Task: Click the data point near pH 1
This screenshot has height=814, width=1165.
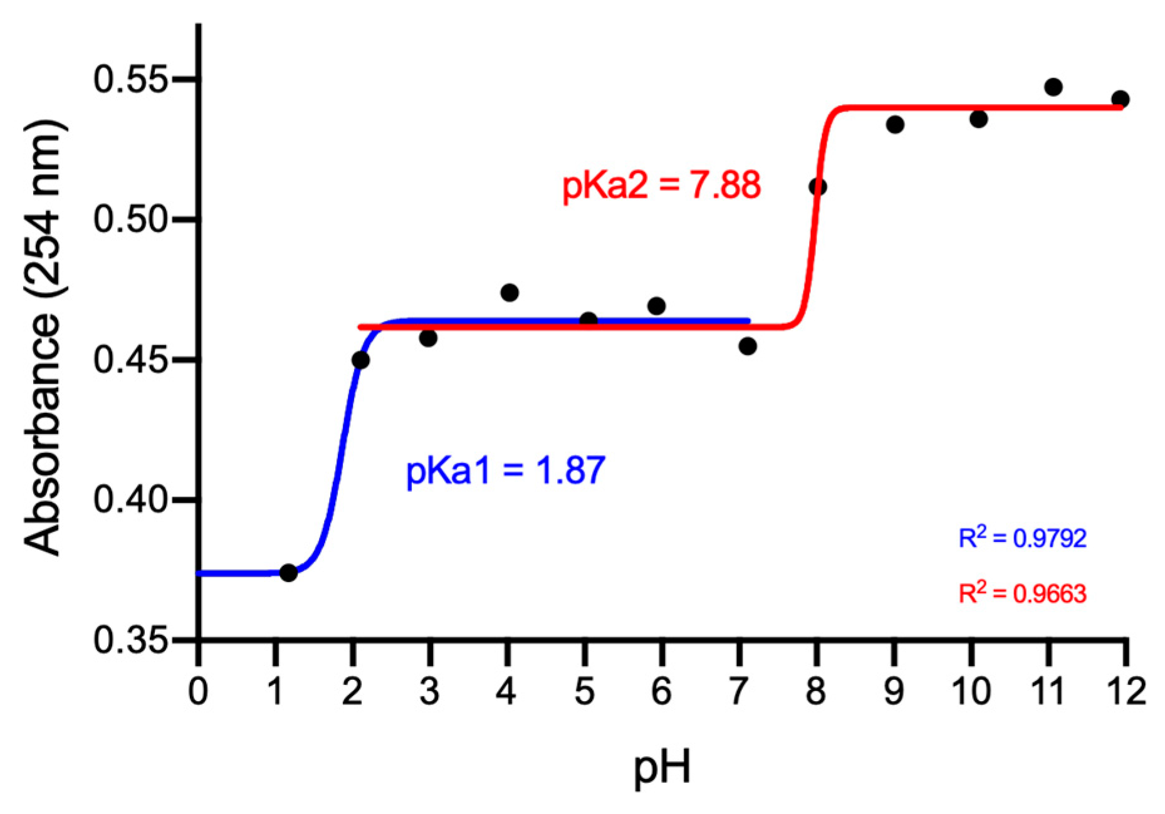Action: click(x=288, y=572)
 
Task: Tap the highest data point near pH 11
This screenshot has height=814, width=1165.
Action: click(x=1053, y=87)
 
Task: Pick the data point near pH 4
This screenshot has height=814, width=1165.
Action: click(x=509, y=293)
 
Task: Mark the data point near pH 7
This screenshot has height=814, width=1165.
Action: click(x=747, y=346)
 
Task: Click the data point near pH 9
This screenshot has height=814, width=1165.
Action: click(x=895, y=125)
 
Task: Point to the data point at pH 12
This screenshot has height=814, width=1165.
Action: click(x=1121, y=99)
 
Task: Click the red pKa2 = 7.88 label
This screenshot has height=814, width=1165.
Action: click(x=661, y=185)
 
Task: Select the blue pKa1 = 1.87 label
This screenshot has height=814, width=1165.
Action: click(x=506, y=471)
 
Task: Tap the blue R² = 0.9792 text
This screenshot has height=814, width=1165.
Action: click(x=1022, y=538)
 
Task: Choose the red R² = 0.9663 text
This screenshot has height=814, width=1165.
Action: click(x=1022, y=593)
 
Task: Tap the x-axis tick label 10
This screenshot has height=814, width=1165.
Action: click(x=971, y=692)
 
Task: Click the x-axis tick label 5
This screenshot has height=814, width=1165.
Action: click(x=584, y=692)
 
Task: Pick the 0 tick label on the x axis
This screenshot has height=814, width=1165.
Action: click(x=198, y=692)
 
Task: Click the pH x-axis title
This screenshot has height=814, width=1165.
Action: click(x=662, y=768)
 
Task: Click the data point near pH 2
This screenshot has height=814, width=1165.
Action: click(x=360, y=360)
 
